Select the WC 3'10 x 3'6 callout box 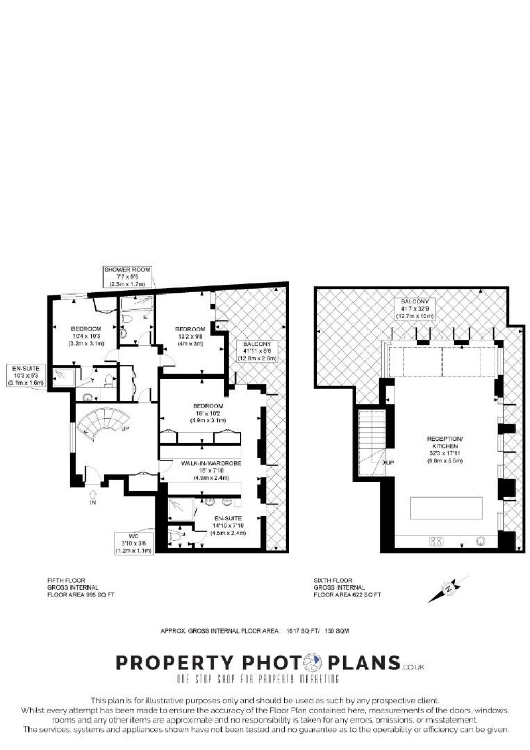134,543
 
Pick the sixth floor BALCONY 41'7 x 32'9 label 415,308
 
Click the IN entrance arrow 93,495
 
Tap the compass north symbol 449,588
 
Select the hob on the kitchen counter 436,541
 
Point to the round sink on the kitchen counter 481,541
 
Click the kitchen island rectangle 447,508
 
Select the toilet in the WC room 175,536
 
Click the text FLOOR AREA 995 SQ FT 81,595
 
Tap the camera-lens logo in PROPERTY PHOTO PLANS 313,663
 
